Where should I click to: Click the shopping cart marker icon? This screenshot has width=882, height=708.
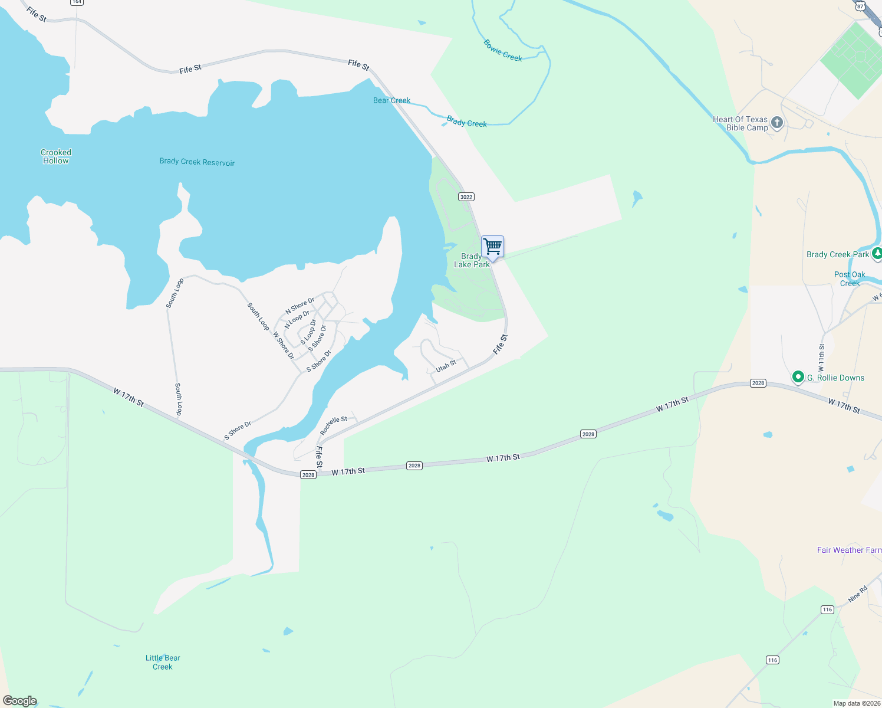coord(492,246)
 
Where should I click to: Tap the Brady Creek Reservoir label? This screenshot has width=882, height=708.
coord(197,162)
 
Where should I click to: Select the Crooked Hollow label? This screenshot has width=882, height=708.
coord(56,156)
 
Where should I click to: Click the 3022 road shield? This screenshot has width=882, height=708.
coord(466,196)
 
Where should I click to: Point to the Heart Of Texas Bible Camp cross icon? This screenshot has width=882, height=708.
coord(777,123)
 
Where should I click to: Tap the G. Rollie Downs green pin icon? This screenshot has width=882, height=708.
coord(798,377)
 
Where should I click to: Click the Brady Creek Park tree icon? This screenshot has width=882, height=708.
coord(877,254)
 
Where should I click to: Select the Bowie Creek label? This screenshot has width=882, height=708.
coord(503,50)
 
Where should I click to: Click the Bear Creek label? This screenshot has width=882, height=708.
coord(391,100)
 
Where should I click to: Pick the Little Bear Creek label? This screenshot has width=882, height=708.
coord(163,662)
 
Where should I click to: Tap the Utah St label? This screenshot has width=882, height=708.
coord(446,366)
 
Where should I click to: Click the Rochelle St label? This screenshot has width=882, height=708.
coord(334,425)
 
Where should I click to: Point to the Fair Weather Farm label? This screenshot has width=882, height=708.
coord(849,550)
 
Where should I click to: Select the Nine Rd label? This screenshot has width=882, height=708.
coord(858,594)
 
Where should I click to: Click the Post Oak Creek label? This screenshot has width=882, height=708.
coord(850,278)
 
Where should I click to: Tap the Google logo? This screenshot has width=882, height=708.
coord(20,700)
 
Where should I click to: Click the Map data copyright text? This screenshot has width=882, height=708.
coord(857,703)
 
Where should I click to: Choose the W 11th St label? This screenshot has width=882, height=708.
coord(822,358)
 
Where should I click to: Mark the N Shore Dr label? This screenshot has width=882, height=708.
coord(300,306)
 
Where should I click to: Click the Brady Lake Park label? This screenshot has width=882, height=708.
coord(472,260)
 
